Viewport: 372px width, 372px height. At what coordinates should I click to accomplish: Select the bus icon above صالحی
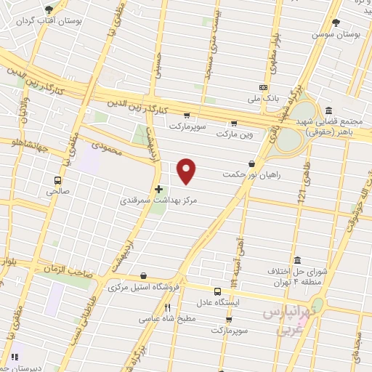[x=57, y=180]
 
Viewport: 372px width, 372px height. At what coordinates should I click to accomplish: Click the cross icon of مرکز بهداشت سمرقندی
[x=158, y=189]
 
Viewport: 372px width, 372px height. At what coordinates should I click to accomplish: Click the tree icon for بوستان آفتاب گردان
[x=48, y=9]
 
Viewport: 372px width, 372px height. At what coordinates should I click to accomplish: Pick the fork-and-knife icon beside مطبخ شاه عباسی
[x=168, y=308]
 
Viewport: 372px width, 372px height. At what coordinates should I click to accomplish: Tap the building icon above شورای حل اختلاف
[x=296, y=260]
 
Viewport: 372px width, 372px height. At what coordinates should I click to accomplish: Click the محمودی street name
[x=114, y=155]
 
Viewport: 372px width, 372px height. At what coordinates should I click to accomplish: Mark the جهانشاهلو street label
[x=23, y=150]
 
